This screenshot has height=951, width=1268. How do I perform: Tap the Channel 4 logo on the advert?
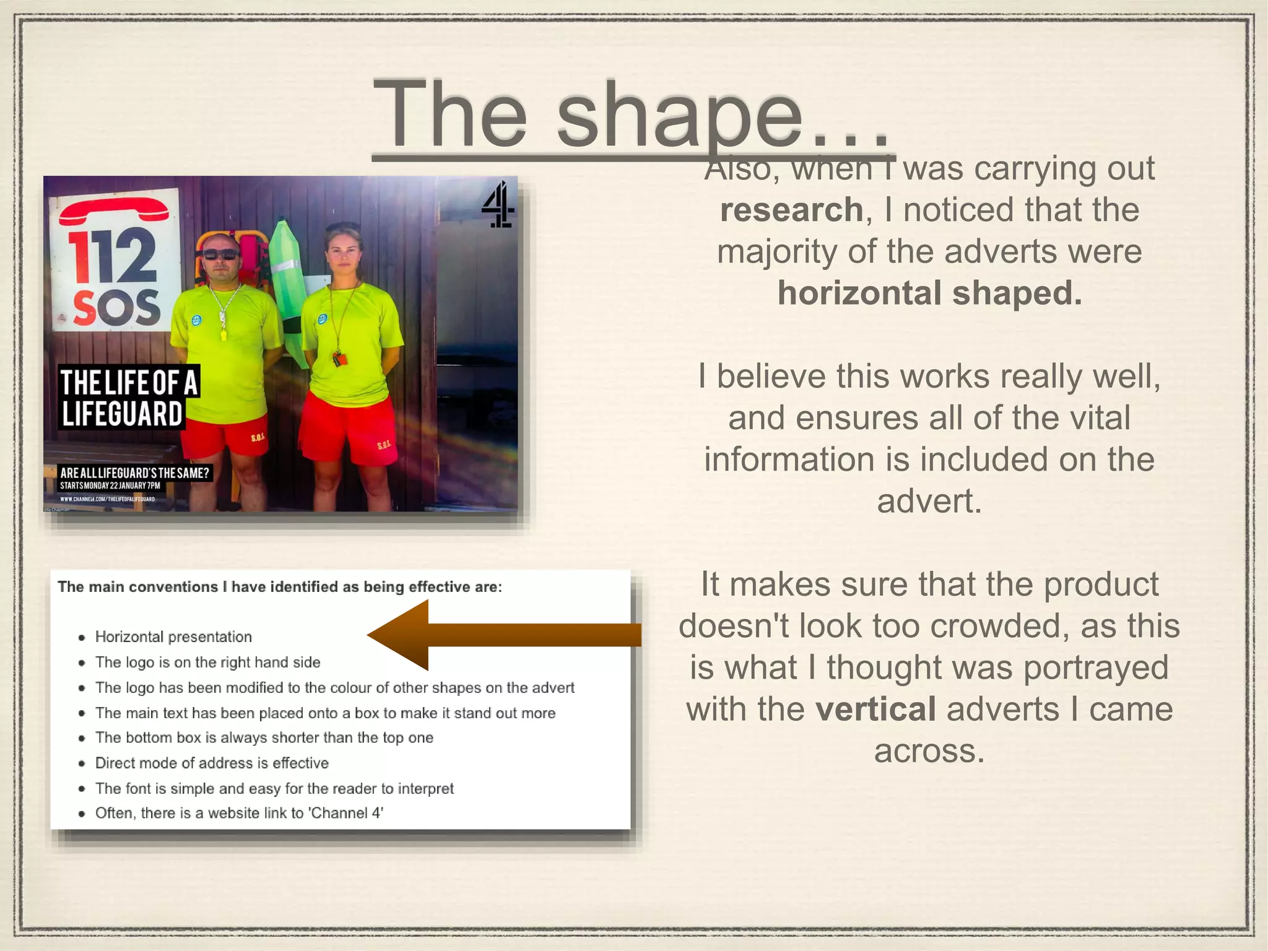[498, 204]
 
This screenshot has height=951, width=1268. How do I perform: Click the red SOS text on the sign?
[116, 308]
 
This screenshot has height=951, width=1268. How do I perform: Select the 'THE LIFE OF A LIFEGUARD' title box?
[129, 397]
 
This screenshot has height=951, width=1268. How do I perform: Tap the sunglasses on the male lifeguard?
[220, 254]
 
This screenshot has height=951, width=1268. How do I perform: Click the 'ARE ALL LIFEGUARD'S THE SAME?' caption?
[134, 473]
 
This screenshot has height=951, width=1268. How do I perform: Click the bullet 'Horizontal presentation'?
[173, 637]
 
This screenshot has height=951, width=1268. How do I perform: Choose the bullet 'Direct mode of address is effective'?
[212, 763]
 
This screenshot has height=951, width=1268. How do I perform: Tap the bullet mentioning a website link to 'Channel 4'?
[239, 813]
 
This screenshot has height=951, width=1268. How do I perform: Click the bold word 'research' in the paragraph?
[791, 210]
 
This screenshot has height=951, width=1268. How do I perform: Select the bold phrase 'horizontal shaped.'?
[929, 293]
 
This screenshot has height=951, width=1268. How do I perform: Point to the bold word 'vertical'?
[875, 709]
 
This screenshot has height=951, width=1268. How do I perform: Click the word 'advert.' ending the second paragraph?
[929, 501]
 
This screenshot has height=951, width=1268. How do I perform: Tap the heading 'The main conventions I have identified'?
[280, 587]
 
